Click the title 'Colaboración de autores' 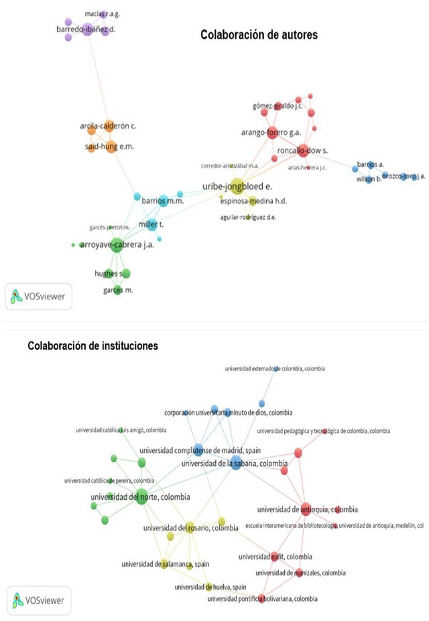pos(259,35)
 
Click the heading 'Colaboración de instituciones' pos(92,346)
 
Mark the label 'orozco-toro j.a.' pos(404,176)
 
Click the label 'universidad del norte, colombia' pos(140,497)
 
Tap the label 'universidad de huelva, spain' pos(209,587)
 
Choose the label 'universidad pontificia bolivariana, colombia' pos(263,598)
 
